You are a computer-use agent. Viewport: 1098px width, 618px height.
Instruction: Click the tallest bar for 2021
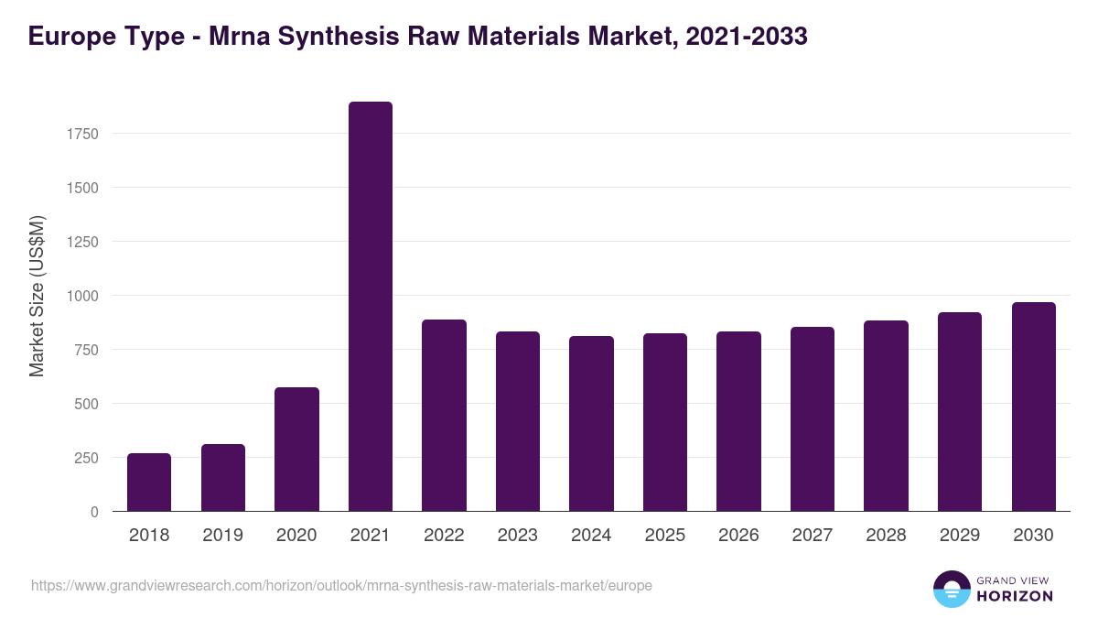point(370,307)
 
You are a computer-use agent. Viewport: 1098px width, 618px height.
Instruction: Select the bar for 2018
point(149,482)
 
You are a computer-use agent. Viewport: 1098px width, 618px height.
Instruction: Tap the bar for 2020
point(296,450)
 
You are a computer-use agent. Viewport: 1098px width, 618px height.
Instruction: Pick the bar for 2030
point(1033,407)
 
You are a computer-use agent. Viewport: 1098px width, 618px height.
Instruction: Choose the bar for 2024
point(591,424)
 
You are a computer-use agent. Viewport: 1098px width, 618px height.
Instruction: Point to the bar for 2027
point(813,419)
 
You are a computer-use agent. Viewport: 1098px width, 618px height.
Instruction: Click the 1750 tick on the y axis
point(82,134)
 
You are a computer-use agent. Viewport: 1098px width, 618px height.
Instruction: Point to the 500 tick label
point(86,404)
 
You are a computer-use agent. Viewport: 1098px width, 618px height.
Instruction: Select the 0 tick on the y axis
point(94,512)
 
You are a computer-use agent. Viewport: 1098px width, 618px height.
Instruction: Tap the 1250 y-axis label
point(82,242)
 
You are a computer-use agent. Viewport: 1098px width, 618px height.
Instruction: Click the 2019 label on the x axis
point(222,536)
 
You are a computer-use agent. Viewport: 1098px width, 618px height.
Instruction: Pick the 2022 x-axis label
point(444,536)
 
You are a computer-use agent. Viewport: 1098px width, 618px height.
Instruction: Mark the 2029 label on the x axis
point(960,536)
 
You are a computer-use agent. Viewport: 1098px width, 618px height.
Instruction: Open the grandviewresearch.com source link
point(341,585)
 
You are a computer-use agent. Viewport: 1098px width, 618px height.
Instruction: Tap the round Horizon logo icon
point(952,589)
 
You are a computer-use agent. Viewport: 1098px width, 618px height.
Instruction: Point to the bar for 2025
point(665,422)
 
